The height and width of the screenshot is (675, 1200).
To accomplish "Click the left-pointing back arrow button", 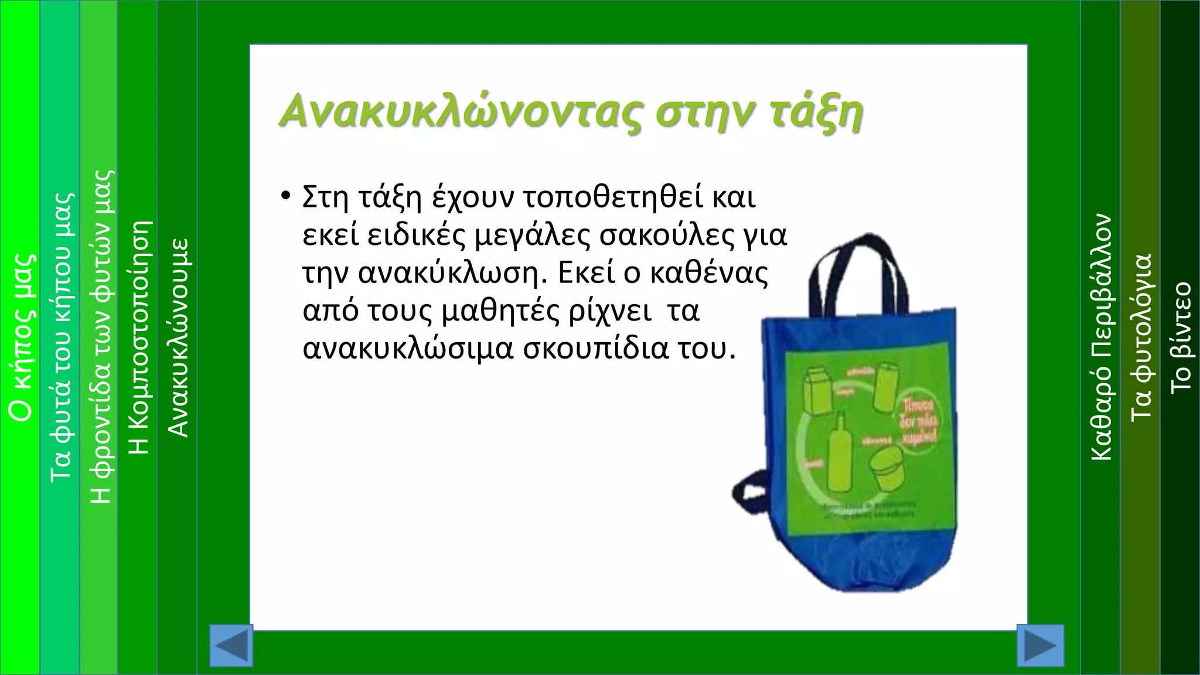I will (x=231, y=645).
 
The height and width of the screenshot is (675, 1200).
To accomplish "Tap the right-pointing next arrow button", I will (x=1040, y=645).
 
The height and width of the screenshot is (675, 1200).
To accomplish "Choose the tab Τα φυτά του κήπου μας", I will (x=61, y=337).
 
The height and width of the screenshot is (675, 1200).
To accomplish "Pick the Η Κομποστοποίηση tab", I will (x=139, y=337).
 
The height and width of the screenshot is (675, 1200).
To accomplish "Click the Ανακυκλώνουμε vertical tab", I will (x=178, y=337).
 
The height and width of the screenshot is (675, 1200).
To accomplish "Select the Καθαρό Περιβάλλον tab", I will (x=1100, y=337).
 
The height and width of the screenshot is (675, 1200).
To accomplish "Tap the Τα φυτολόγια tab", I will (x=1140, y=337).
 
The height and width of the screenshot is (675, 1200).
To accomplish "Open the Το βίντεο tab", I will (x=1180, y=337).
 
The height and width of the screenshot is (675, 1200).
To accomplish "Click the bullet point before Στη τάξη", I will (x=285, y=196).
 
